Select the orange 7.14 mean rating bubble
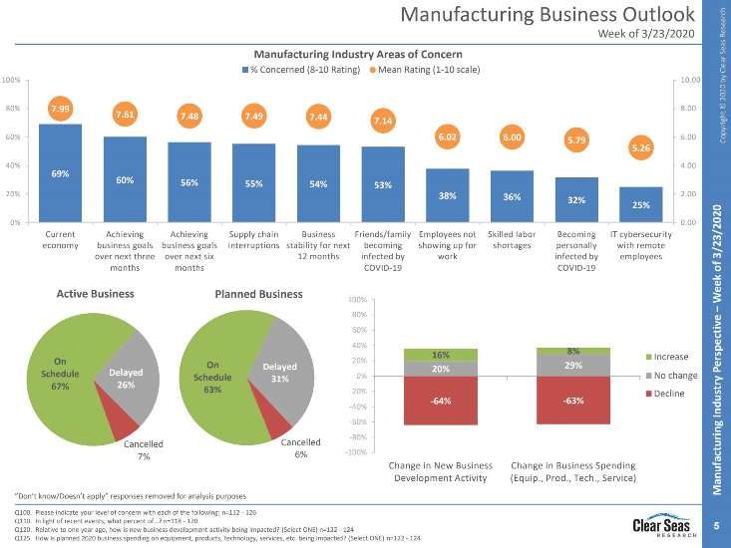[x=383, y=121]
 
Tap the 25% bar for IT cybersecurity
[x=639, y=204]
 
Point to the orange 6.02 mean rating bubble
[x=448, y=137]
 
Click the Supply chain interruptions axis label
[x=253, y=240]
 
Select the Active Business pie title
[x=95, y=294]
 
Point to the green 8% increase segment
[x=573, y=351]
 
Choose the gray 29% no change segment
[x=573, y=366]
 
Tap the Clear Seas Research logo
[x=659, y=524]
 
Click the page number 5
[x=716, y=524]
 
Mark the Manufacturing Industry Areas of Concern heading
[x=358, y=52]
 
